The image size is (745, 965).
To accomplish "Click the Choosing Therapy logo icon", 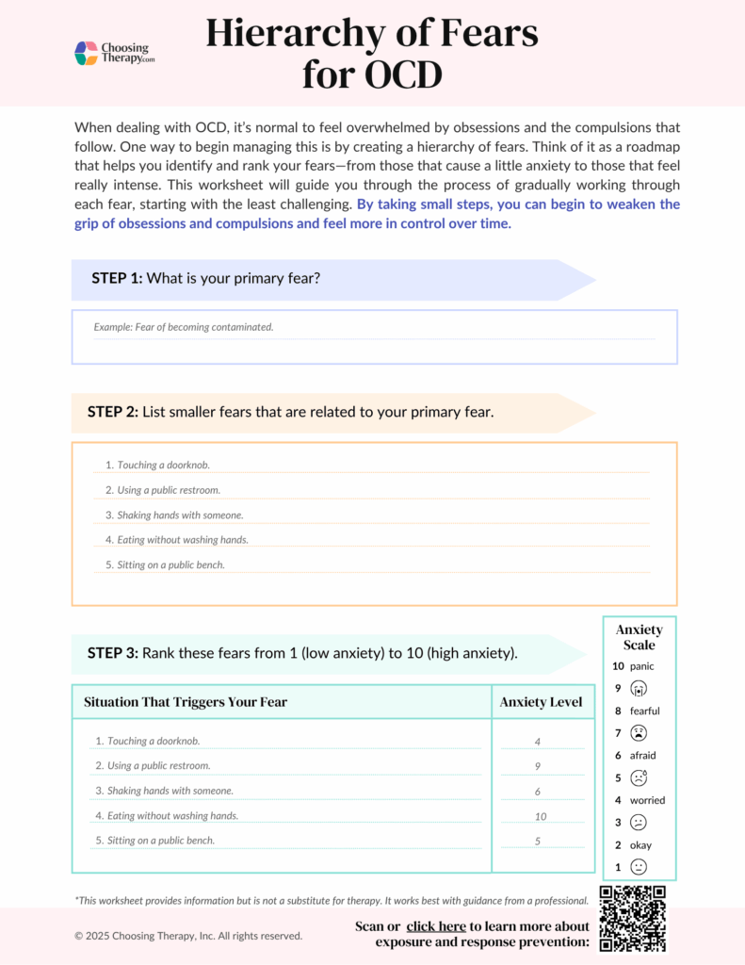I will (x=87, y=53).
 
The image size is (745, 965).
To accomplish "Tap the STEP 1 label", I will (x=117, y=278).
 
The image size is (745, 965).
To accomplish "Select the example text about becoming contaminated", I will (x=184, y=327).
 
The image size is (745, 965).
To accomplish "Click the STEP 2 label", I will (x=113, y=412).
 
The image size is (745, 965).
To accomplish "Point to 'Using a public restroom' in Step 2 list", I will (x=162, y=490).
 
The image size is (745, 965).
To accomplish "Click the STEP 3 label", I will (x=113, y=653).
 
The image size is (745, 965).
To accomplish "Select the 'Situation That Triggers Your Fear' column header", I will (x=186, y=702).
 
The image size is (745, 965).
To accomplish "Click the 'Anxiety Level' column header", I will (x=541, y=702).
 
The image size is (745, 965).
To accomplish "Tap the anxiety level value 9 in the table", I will (x=538, y=767).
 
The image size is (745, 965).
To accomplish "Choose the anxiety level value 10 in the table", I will (x=540, y=816).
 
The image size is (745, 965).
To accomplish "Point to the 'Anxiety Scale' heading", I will (x=639, y=637).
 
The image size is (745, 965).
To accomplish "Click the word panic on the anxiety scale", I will (x=642, y=666).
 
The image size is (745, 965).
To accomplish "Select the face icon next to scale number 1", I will (x=639, y=867).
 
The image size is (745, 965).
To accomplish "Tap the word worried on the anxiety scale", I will (x=647, y=800).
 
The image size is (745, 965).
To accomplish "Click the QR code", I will (x=632, y=919).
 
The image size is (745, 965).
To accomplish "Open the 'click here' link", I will (x=435, y=926).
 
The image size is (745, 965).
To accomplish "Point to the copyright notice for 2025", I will (x=188, y=936).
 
